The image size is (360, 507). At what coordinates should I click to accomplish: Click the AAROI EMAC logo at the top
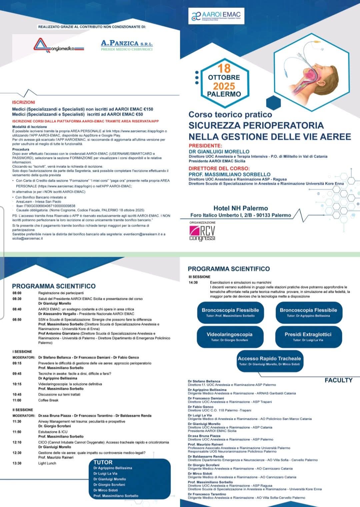coord(216,16)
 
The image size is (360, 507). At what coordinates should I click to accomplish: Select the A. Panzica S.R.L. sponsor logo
coord(127,45)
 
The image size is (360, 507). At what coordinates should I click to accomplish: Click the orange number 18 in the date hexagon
coord(224,68)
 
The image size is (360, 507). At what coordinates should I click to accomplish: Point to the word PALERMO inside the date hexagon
coord(224,94)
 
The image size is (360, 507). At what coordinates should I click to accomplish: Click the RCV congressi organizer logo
coord(202,233)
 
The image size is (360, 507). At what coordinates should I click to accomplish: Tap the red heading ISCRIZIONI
coord(23,102)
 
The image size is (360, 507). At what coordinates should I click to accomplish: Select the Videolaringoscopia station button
coord(230,336)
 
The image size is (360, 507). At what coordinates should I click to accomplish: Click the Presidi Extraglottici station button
coord(308,336)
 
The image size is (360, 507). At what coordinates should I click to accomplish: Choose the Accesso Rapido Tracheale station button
coord(269,361)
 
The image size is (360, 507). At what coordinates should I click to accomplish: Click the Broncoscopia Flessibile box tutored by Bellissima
coord(308,312)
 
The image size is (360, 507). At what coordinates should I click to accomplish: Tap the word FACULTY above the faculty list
coord(338,380)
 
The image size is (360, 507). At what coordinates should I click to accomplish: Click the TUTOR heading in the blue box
coord(103,462)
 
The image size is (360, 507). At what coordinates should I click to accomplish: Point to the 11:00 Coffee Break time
coord(17,400)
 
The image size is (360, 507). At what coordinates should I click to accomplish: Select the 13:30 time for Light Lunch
coord(17,463)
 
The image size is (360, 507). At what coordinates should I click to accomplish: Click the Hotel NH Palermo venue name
coord(241,208)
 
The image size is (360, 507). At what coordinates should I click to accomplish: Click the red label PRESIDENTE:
coord(205,146)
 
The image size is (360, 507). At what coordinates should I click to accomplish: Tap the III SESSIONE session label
coord(199,277)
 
